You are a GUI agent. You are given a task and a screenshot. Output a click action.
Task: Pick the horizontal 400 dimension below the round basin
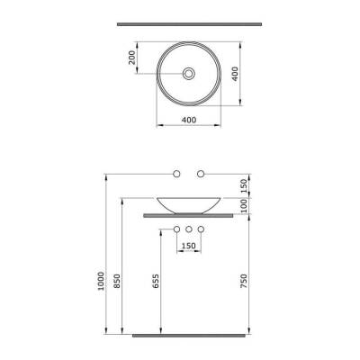tap(189, 120)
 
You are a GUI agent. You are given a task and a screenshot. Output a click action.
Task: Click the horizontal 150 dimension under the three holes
tap(189, 246)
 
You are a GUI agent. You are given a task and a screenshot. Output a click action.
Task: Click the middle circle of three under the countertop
tap(189, 229)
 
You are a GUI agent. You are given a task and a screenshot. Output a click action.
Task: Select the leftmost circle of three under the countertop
tap(177, 229)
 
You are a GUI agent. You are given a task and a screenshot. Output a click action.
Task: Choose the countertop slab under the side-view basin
tap(189, 216)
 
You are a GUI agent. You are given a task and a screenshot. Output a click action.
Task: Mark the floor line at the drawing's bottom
tap(189, 334)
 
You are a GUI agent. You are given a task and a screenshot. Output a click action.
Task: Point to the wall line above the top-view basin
tap(189, 21)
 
